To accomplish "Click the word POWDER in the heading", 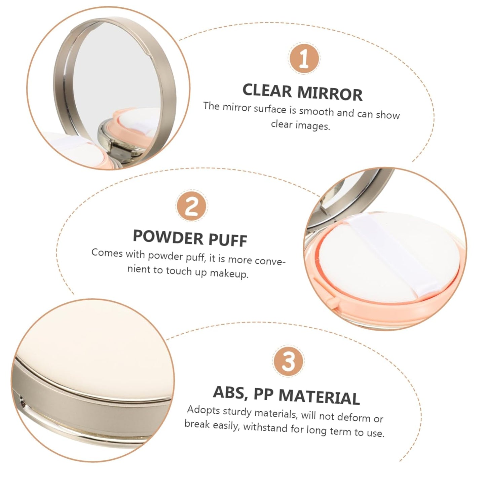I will tap(167, 237).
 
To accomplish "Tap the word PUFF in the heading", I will tap(228, 240).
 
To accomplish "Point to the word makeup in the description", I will tap(229, 273).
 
